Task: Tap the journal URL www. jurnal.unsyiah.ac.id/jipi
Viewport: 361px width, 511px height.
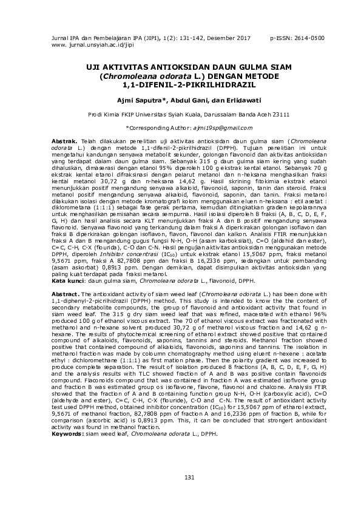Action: (83, 46)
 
